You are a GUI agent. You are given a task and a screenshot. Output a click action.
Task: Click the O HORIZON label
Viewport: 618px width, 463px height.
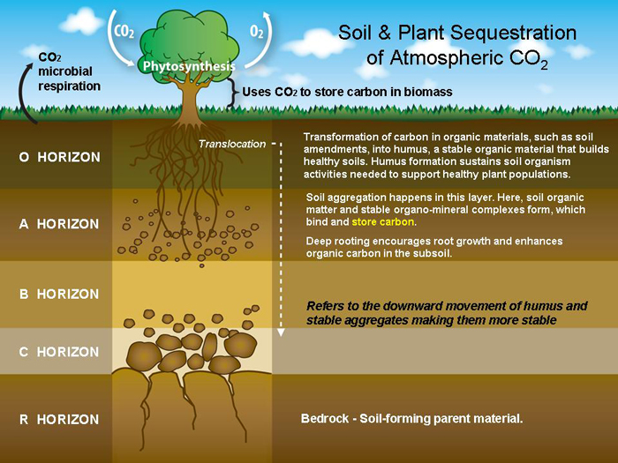tap(58, 157)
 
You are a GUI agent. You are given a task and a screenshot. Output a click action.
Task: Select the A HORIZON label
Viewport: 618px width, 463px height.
tap(58, 224)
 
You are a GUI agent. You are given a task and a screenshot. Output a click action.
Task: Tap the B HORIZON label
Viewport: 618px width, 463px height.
tap(58, 294)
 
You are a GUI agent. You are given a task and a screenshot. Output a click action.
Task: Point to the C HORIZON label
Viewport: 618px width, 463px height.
tap(58, 352)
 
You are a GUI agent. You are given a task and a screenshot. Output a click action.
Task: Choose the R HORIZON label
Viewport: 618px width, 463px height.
tap(58, 419)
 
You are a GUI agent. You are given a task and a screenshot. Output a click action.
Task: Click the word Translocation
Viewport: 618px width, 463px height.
tap(231, 144)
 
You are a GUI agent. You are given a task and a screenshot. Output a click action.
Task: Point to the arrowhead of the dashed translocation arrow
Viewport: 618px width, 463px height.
tap(281, 334)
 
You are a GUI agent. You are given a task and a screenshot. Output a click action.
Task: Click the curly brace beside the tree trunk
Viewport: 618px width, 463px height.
tap(235, 92)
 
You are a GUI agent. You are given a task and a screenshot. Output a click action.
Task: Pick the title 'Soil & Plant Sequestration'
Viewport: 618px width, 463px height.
tap(457, 34)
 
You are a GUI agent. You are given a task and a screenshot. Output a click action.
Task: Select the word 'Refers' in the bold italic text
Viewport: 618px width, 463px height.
tap(326, 306)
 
